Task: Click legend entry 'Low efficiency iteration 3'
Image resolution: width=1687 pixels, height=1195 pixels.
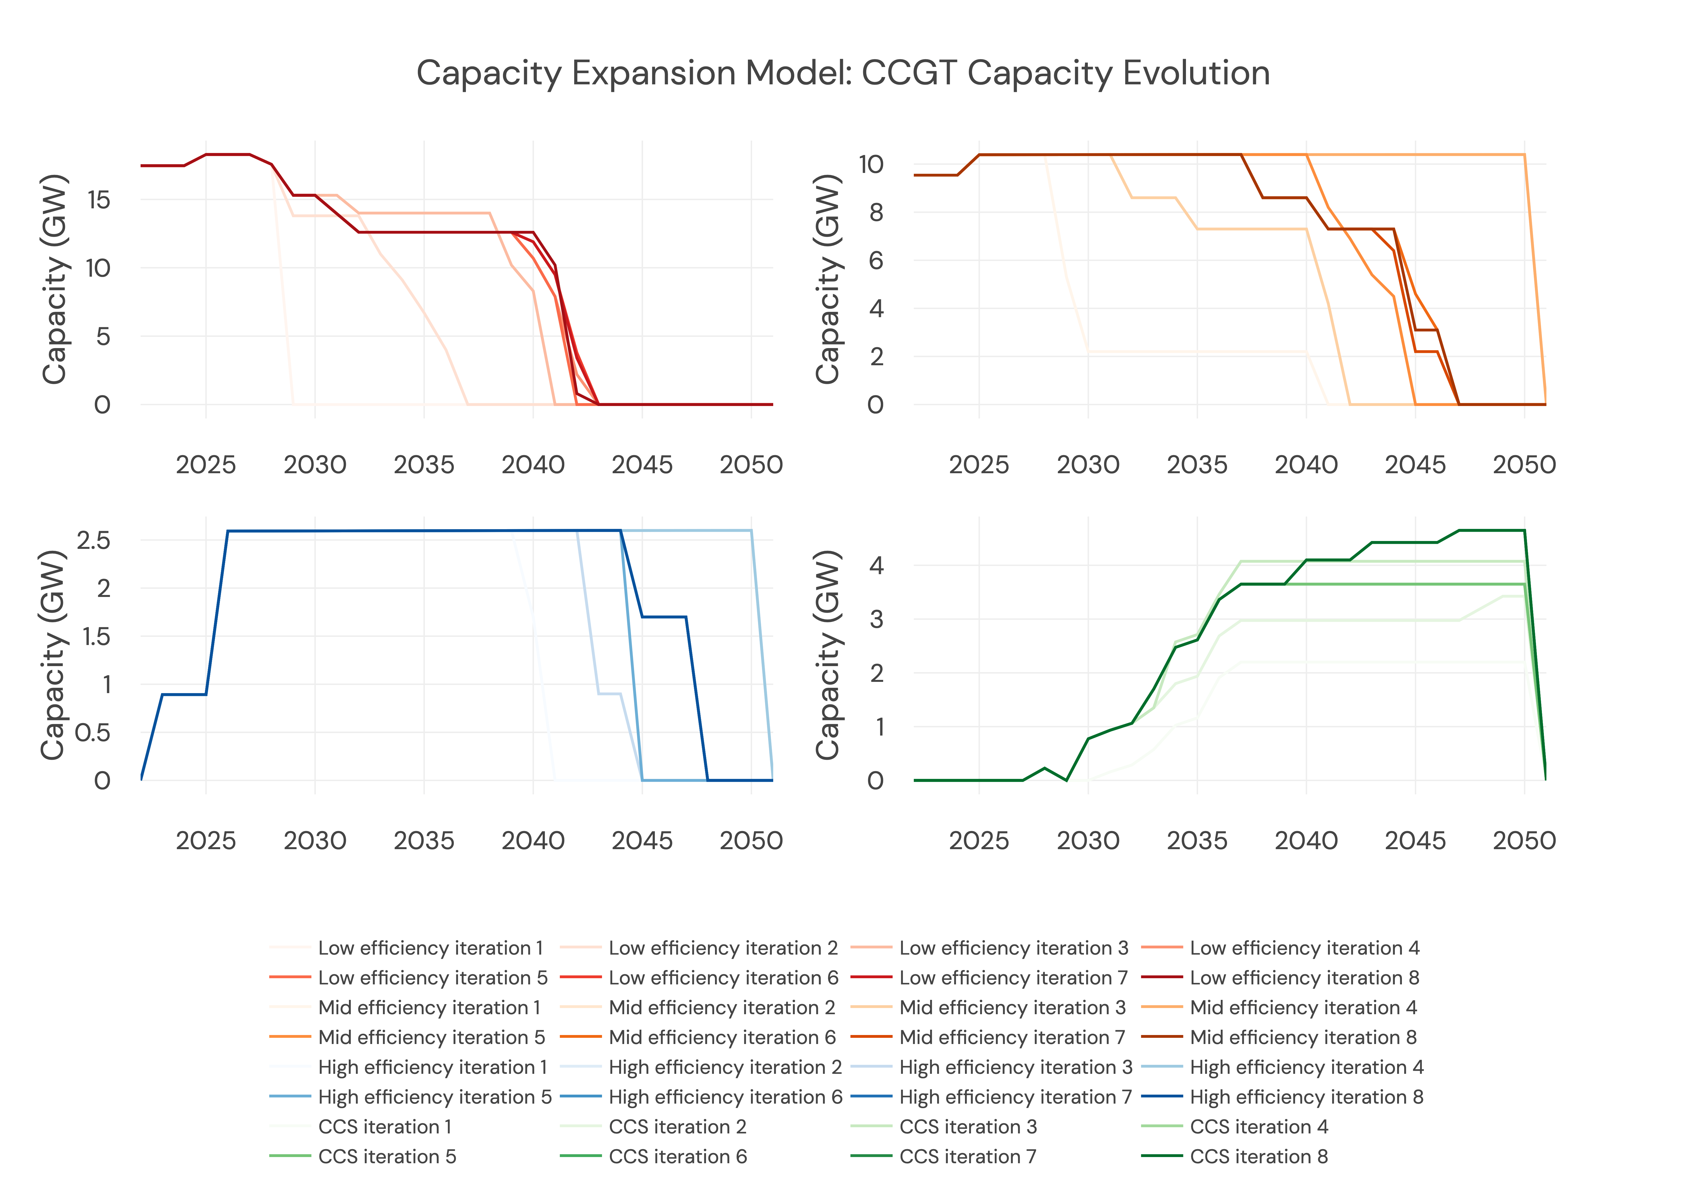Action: point(1013,948)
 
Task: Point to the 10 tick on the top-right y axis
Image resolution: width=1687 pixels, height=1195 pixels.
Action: point(871,164)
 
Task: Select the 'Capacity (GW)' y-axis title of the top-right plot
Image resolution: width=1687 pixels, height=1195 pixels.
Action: point(828,279)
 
